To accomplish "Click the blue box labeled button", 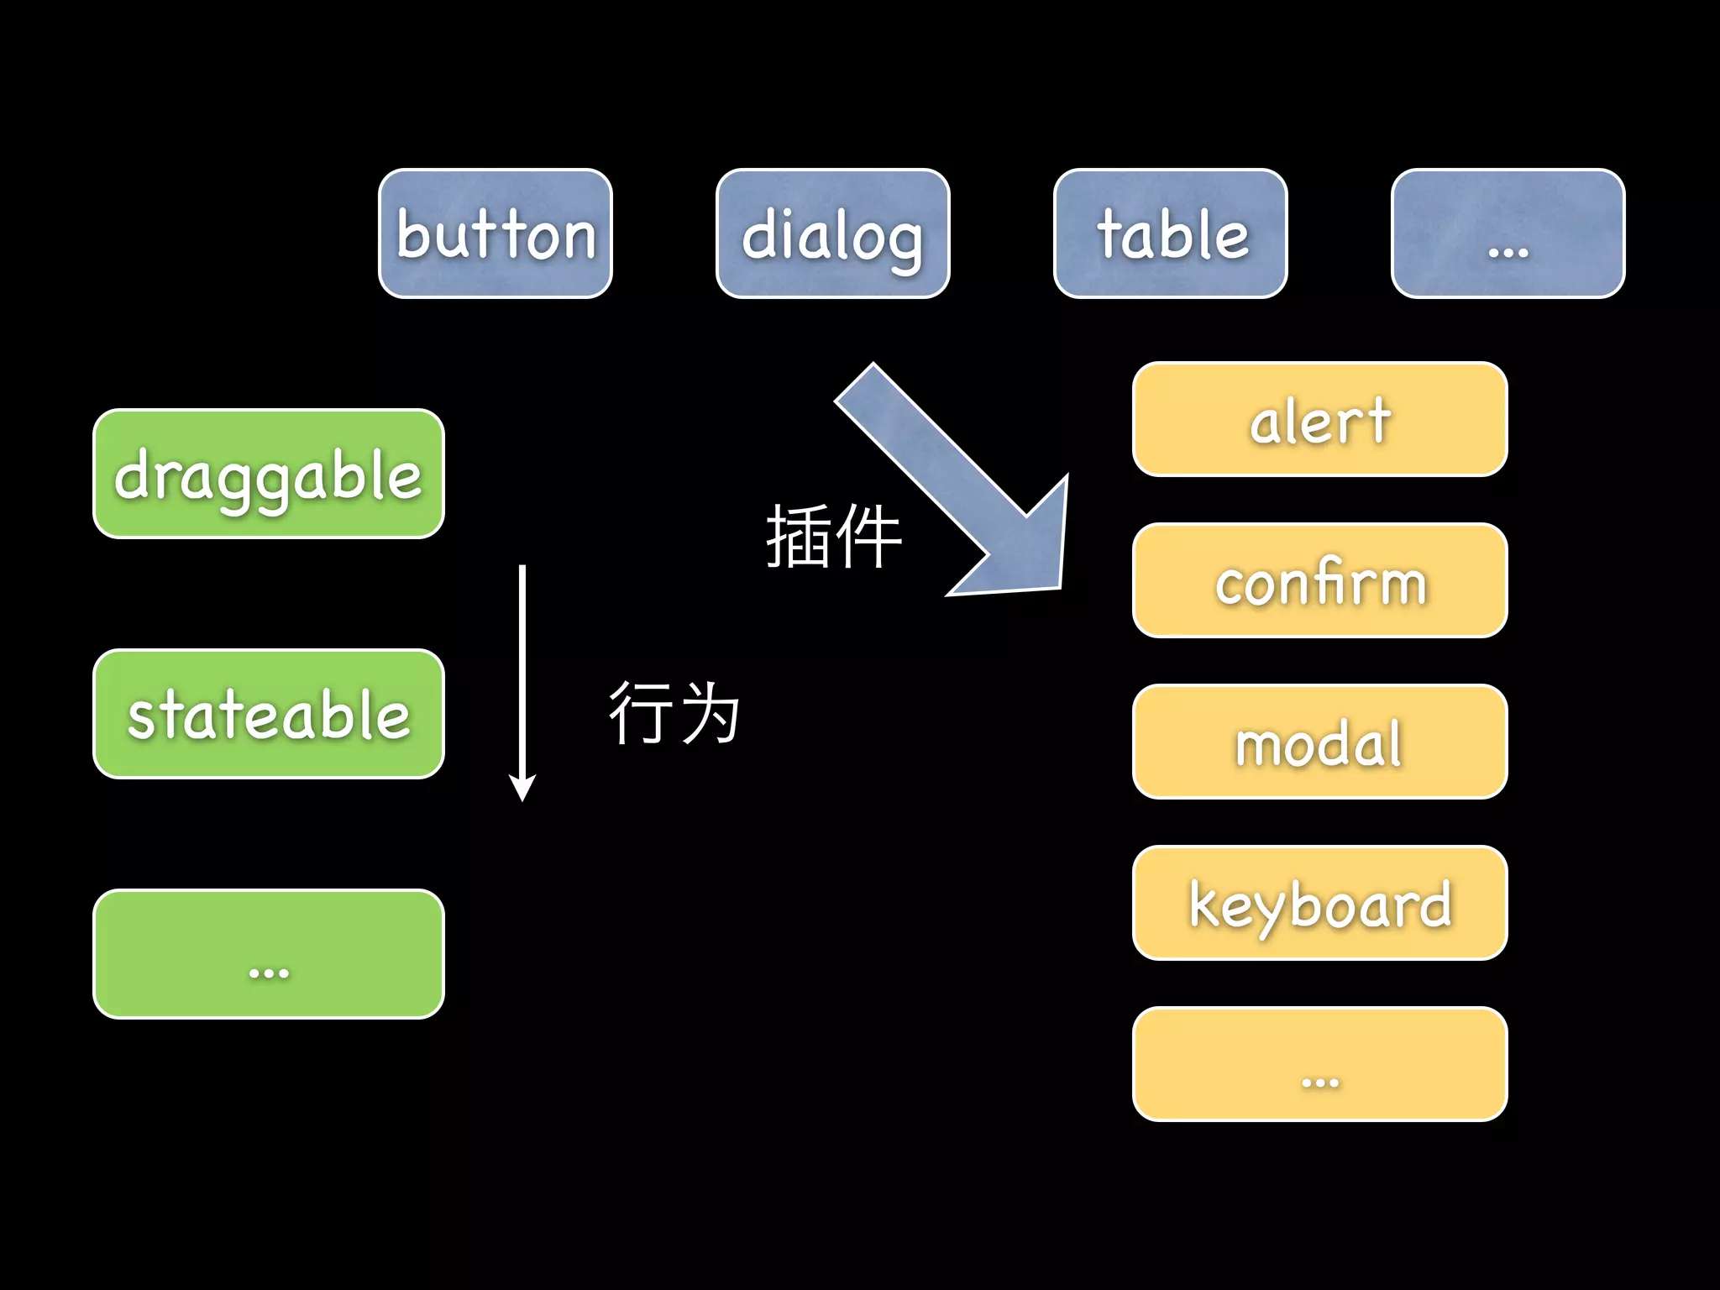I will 496,233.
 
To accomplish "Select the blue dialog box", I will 832,233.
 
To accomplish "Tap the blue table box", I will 1170,233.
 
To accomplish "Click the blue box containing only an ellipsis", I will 1508,233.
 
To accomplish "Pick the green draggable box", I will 269,474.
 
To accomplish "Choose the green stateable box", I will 269,714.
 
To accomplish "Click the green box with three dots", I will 269,954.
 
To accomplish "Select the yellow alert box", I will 1319,419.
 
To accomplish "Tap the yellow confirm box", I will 1319,580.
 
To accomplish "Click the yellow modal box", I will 1319,742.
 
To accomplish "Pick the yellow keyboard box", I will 1319,903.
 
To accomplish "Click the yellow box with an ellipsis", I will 1319,1064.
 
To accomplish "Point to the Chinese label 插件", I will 833,537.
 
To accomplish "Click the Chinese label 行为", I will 674,713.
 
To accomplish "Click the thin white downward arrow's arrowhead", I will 522,788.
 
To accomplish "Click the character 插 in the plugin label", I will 798,537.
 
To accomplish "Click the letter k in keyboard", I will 1204,904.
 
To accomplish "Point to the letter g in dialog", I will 903,244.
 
